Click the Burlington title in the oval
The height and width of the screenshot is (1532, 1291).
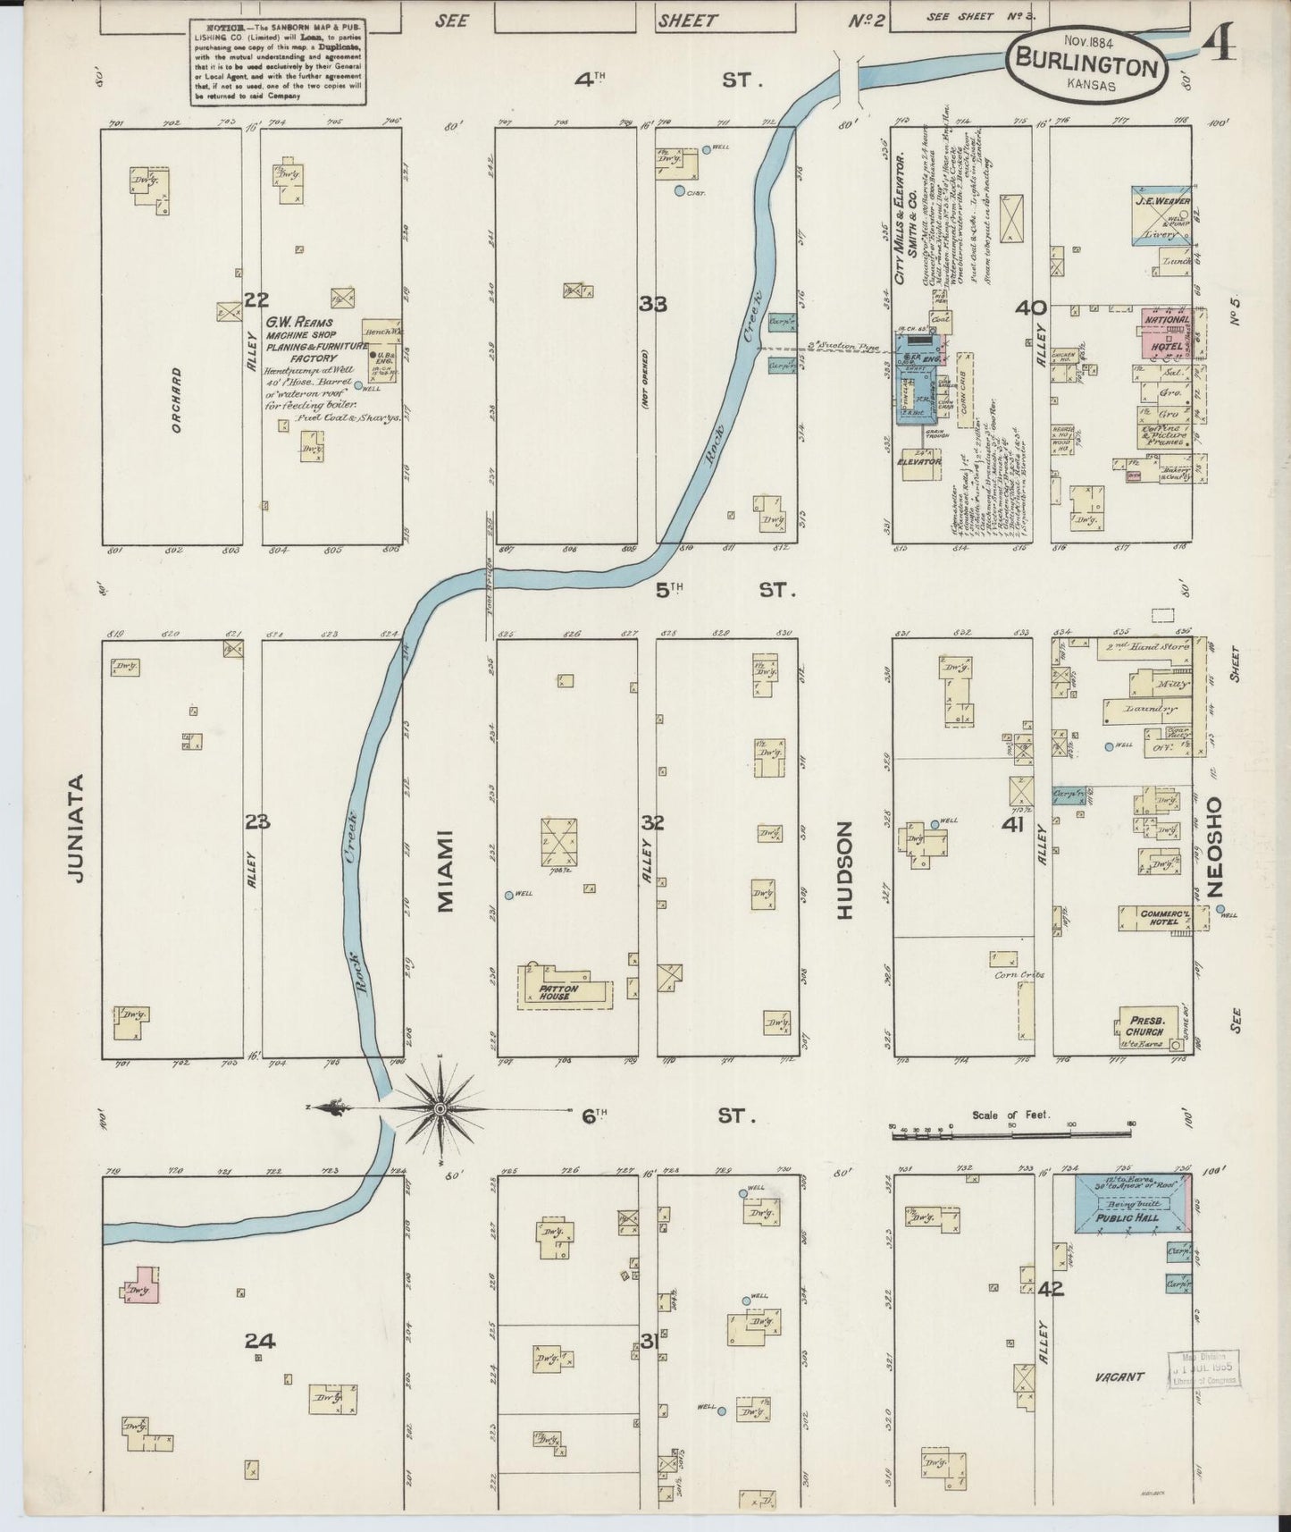tap(1086, 66)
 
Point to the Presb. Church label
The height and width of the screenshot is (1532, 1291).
tap(1144, 1026)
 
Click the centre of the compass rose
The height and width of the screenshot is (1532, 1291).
tap(440, 1109)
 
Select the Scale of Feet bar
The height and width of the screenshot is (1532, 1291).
tap(1012, 1135)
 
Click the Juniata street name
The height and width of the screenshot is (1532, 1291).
tap(78, 828)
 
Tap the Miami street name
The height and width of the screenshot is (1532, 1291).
tap(446, 871)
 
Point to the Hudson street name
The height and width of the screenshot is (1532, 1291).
tap(845, 871)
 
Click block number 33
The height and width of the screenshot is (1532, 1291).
tap(652, 305)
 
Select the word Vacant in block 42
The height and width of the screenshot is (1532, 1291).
tap(1119, 1402)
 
